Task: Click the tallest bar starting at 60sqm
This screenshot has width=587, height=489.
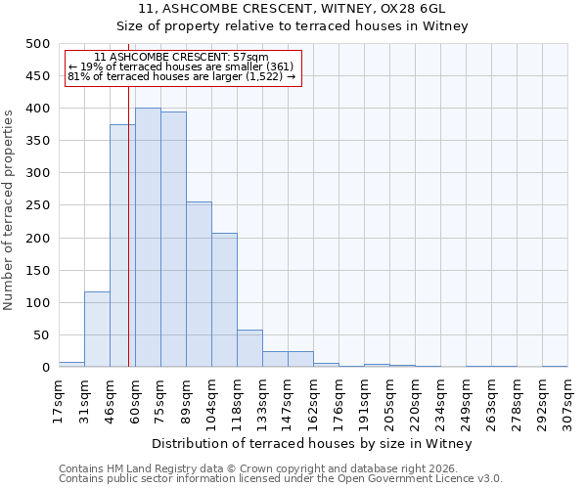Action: point(148,238)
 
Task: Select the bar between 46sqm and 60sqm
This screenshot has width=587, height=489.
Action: point(122,245)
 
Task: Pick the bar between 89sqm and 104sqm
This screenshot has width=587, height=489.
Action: point(199,285)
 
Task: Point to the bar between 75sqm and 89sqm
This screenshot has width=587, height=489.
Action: point(173,240)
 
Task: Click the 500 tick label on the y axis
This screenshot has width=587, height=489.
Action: point(37,44)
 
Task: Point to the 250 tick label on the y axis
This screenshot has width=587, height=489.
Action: point(37,206)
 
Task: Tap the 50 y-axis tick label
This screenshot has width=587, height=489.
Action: point(41,335)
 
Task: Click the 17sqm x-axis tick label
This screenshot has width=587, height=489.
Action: point(59,400)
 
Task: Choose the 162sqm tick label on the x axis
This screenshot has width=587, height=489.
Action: point(313,400)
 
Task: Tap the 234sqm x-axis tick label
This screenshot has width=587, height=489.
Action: point(440,400)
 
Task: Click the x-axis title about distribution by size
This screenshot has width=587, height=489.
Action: point(312,444)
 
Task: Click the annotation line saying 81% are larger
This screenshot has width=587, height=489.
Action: point(182,76)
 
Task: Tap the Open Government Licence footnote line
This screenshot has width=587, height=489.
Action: point(281,479)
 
